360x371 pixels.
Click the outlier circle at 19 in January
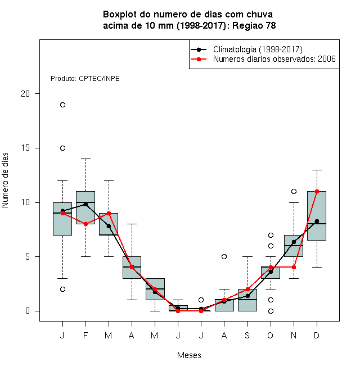(x=62, y=105)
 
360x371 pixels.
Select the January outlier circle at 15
(x=62, y=148)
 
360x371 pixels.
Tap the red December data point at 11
(x=317, y=191)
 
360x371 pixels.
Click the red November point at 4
(x=294, y=267)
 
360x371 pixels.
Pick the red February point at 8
(x=85, y=224)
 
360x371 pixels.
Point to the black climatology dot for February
(x=85, y=204)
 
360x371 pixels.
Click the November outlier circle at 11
(x=294, y=191)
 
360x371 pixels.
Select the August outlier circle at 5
(x=224, y=256)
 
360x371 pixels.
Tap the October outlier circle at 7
(x=271, y=235)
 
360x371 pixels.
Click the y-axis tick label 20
(x=25, y=94)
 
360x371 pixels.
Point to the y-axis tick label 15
(x=25, y=148)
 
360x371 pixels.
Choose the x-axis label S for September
(x=247, y=335)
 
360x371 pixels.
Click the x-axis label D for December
(x=317, y=335)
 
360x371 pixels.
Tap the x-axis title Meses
(x=189, y=355)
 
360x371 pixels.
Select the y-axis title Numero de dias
(x=5, y=180)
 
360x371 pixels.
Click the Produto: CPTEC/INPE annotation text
(x=85, y=79)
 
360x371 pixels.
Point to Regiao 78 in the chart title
(x=254, y=25)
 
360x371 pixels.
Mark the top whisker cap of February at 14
(x=85, y=159)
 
